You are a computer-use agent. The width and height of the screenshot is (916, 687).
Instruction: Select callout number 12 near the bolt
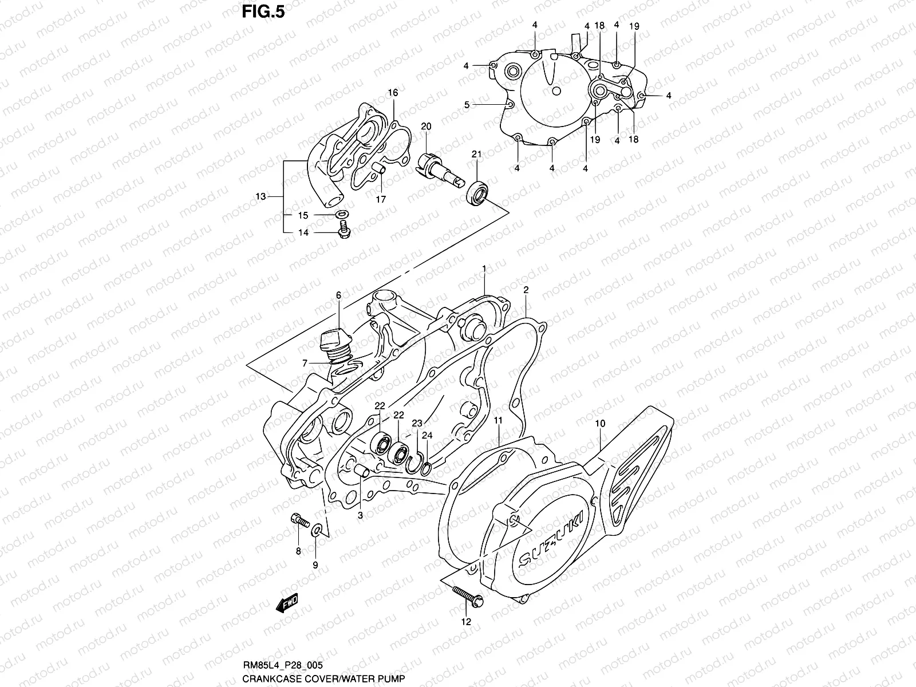pyautogui.click(x=465, y=621)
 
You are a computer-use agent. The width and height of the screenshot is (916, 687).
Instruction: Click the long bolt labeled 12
pyautogui.click(x=467, y=595)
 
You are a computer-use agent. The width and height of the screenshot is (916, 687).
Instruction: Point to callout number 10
pyautogui.click(x=599, y=424)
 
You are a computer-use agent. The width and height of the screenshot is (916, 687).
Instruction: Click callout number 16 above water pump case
pyautogui.click(x=392, y=93)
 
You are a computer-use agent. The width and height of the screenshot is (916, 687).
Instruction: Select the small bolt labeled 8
pyautogui.click(x=299, y=520)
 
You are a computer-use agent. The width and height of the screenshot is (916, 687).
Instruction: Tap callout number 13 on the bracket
pyautogui.click(x=260, y=196)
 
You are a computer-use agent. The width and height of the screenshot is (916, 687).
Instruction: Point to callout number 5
pyautogui.click(x=467, y=105)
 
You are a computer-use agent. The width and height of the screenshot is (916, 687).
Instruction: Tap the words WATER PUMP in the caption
pyautogui.click(x=380, y=678)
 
